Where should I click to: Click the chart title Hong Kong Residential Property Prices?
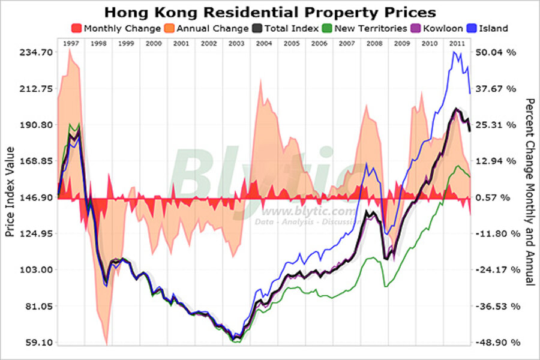(x=270, y=12)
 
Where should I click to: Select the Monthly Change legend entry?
(x=116, y=28)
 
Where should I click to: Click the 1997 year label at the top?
(x=71, y=44)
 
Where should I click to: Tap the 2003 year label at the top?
(x=236, y=44)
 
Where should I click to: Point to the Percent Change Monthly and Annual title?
(x=529, y=192)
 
